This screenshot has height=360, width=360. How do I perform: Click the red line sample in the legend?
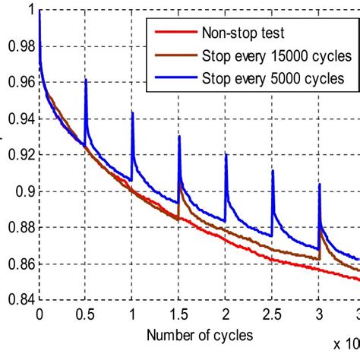coord(174,32)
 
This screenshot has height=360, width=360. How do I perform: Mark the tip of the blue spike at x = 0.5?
coord(86,79)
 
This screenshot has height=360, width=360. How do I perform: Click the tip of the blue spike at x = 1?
coord(133,112)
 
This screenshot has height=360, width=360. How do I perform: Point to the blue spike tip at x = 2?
coord(226,154)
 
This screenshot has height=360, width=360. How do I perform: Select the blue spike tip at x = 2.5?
coord(273,170)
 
